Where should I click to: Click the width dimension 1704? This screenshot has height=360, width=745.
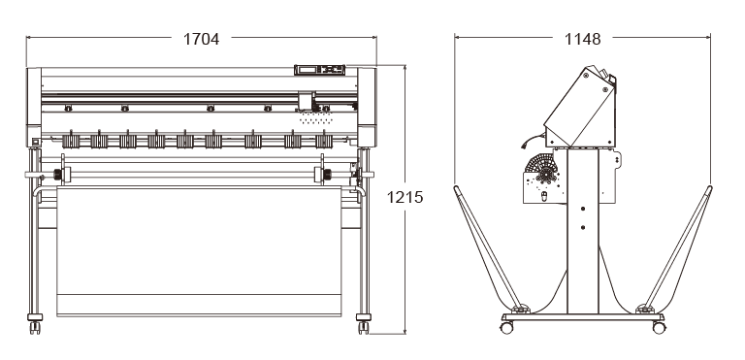[x=202, y=39]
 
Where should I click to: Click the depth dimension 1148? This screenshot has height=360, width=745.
[x=582, y=39]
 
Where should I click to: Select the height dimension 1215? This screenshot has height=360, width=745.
[x=405, y=197]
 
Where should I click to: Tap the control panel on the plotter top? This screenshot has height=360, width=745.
[x=320, y=70]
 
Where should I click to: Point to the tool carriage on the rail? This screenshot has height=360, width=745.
[x=307, y=101]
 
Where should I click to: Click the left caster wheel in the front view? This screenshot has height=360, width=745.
[x=35, y=328]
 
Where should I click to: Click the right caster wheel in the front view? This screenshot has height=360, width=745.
[x=364, y=328]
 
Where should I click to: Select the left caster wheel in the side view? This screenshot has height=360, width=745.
[x=507, y=328]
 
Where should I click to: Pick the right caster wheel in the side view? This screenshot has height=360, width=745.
[x=659, y=328]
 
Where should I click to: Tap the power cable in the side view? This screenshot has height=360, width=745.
[x=533, y=140]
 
